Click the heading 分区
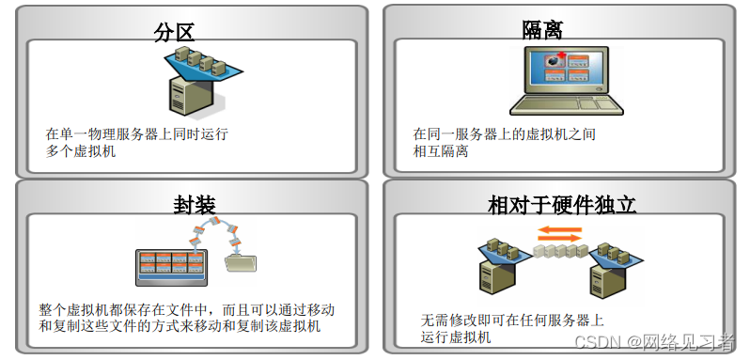coord(174,32)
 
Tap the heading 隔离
coord(542,30)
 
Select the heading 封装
coord(195,205)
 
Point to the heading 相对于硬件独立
coord(561,205)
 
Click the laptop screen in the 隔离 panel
coord(567,70)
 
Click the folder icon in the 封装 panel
coord(241,263)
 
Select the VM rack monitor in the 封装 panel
coord(171,267)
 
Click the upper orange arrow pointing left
coord(559,229)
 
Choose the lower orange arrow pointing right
coord(559,238)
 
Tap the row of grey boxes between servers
coord(560,251)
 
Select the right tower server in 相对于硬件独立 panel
coord(609,278)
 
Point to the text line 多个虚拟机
coord(81,152)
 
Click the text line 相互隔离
coord(440,151)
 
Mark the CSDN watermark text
coord(654,342)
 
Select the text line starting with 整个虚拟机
coord(186,310)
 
